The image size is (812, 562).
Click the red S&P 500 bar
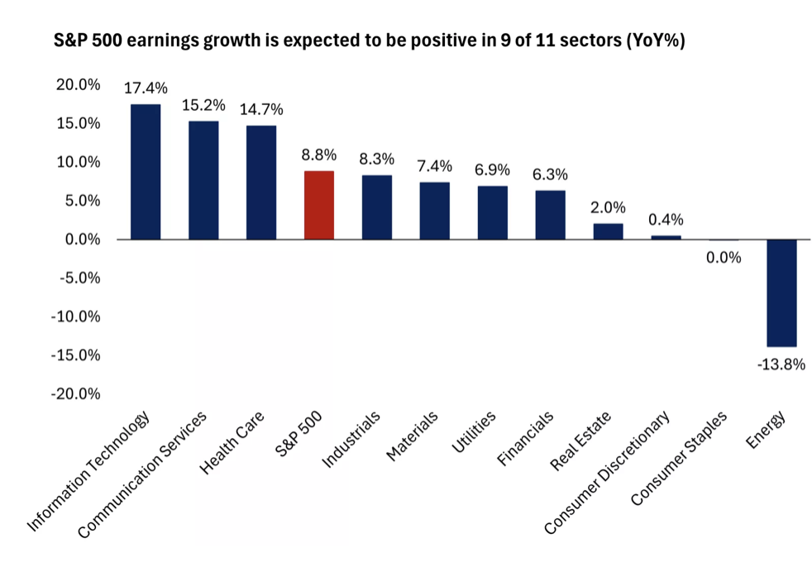pos(319,205)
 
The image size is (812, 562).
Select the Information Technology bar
pos(146,172)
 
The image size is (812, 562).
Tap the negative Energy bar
pos(781,293)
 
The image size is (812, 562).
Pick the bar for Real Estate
pos(608,231)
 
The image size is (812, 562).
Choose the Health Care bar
pos(261,182)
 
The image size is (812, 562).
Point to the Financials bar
pos(551,215)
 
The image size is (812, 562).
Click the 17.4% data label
pos(146,88)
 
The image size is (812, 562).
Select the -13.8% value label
pos(781,364)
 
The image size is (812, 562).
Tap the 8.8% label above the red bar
pos(319,155)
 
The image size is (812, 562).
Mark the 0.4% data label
pos(666,220)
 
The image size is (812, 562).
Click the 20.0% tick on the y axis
pos(79,85)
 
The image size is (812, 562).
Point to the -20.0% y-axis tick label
pos(75,394)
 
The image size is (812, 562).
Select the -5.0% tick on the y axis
pos(79,279)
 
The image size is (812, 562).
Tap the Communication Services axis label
pos(142,474)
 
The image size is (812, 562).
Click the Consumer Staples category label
pos(679,458)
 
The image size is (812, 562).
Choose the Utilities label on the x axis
pos(473,431)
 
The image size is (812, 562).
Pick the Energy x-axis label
pos(766,430)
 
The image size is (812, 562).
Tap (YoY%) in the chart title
pos(656,40)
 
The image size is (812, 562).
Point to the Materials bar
pos(434,211)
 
